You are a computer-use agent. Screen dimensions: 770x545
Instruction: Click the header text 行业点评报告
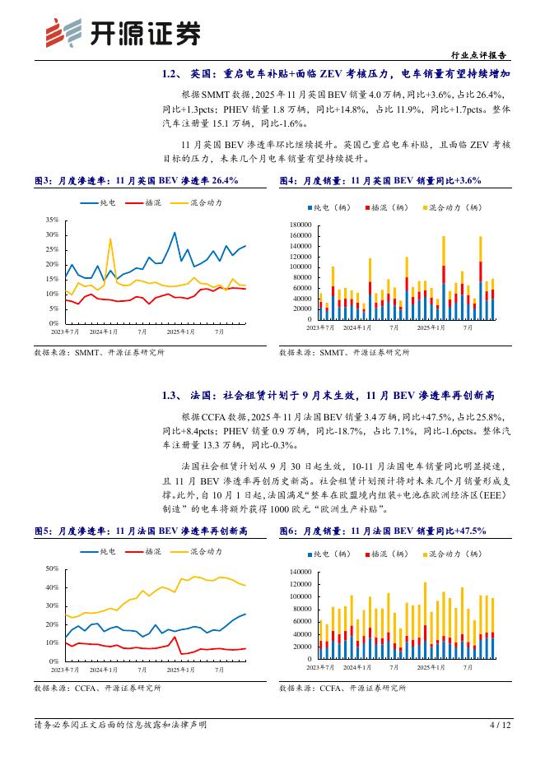481,55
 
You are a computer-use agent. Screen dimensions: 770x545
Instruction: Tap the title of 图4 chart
380,180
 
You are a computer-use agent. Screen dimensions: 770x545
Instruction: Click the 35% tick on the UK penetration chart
52,220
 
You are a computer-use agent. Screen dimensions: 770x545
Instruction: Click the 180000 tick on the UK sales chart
299,225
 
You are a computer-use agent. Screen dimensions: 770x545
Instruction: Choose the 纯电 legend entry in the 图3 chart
100,202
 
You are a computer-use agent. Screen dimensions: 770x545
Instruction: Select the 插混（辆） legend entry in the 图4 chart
385,208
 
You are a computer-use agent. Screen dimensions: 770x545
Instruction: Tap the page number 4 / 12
500,725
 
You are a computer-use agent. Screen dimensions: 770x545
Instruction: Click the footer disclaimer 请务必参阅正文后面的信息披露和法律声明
120,725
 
